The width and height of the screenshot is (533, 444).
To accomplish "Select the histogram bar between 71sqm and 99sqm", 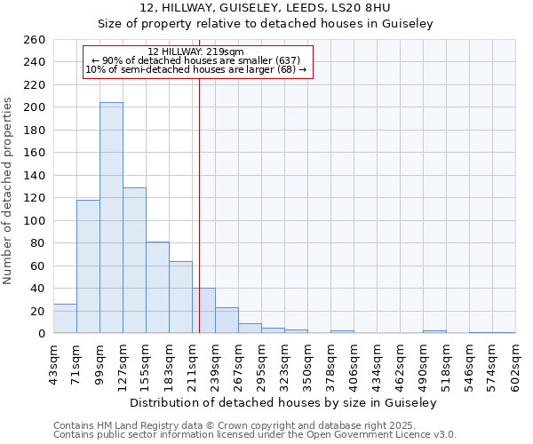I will click(88, 266).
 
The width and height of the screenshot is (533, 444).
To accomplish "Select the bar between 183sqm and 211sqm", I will click(180, 297).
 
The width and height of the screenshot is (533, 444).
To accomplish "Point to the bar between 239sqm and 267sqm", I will click(227, 321).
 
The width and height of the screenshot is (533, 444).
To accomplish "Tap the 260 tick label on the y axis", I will click(35, 40).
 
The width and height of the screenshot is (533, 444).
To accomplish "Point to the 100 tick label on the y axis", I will click(35, 220).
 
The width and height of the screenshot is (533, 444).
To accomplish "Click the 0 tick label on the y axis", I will click(42, 334).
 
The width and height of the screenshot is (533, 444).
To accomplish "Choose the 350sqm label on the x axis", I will click(307, 365).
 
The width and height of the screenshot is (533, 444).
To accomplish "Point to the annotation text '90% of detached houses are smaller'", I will click(197, 60).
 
